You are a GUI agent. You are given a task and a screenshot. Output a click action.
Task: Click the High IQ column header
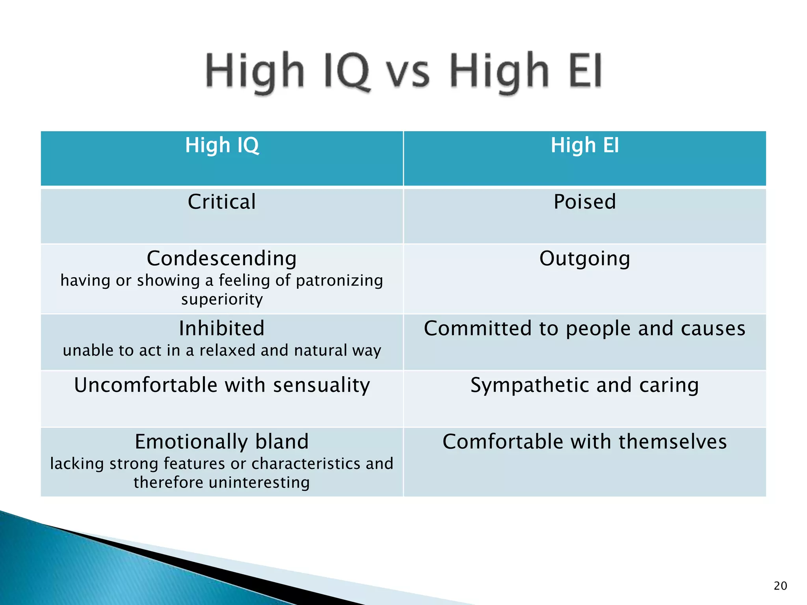tap(222, 145)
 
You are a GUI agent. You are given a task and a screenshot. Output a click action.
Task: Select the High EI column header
tap(585, 145)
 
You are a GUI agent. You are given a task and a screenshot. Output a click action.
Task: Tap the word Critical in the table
tap(222, 202)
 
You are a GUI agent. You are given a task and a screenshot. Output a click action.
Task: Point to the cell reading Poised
tap(585, 202)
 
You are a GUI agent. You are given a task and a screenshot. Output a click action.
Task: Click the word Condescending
tap(222, 259)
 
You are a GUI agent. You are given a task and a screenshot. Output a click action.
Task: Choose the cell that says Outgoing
tap(585, 259)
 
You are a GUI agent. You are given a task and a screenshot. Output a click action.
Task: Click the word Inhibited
tap(222, 328)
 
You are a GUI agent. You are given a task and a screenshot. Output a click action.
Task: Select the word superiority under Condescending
tap(222, 299)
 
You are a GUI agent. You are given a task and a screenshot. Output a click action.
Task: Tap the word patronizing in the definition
tap(339, 280)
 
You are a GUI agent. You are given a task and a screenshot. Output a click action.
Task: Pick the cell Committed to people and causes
tap(585, 328)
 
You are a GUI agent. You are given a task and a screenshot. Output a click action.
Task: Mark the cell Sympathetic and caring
tap(585, 385)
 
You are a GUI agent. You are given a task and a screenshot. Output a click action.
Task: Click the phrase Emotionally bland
tap(222, 442)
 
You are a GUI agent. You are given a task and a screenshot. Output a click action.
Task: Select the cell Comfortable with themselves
tap(585, 442)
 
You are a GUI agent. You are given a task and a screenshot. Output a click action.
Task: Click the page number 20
tap(780, 586)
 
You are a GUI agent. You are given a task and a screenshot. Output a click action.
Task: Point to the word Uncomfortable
tap(145, 385)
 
